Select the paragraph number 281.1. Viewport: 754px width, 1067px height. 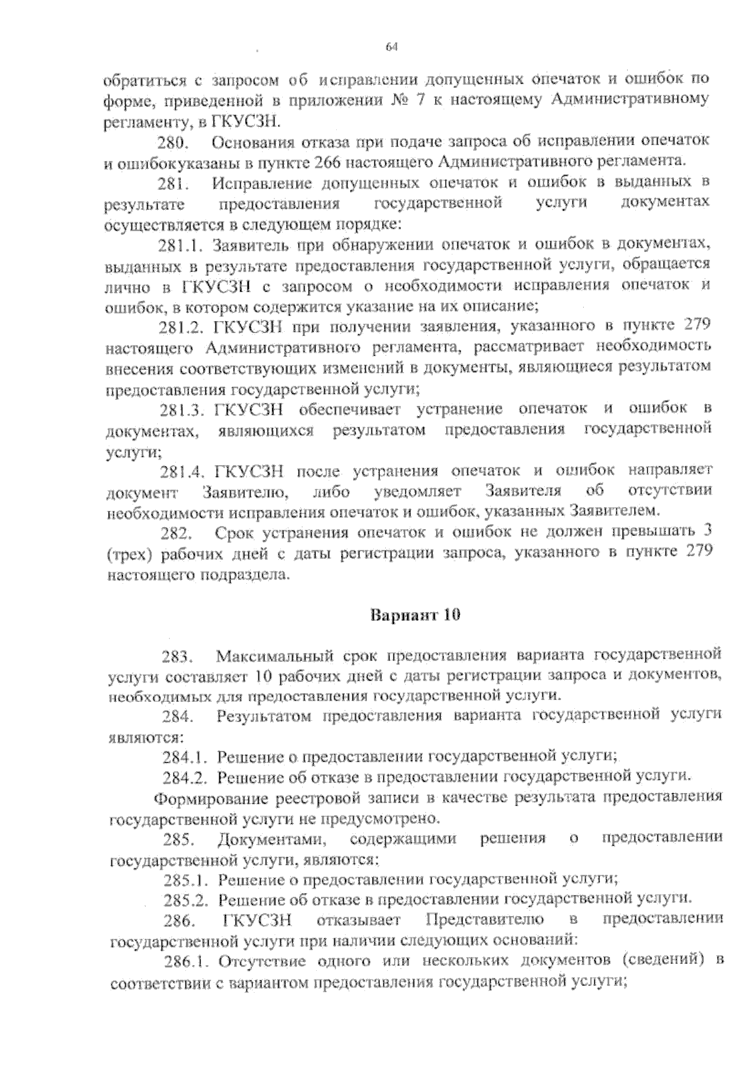pos(182,244)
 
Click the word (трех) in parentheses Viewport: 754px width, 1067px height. pos(131,554)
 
